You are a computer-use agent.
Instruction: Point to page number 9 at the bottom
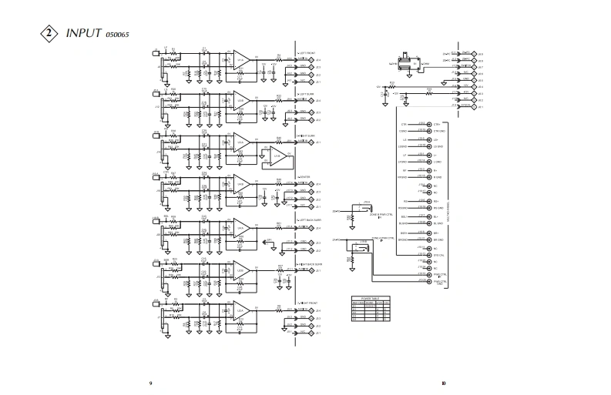click(x=150, y=382)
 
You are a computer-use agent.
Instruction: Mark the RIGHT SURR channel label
click(x=309, y=136)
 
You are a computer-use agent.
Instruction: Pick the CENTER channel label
click(x=306, y=177)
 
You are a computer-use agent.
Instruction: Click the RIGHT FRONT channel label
click(x=310, y=303)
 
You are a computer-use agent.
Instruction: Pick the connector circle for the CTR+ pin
click(x=430, y=124)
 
